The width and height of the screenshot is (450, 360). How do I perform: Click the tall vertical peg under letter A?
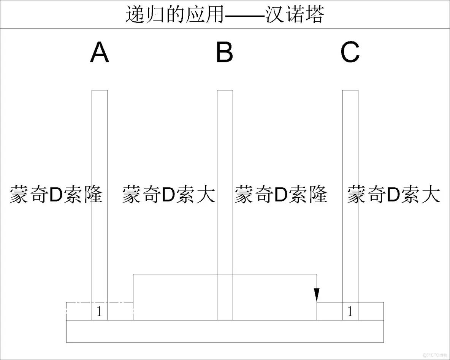tap(100, 152)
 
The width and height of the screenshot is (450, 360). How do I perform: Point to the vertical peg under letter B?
tap(225, 152)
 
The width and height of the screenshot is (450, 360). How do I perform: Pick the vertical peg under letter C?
tap(350, 152)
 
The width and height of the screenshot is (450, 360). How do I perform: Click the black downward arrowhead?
tap(317, 295)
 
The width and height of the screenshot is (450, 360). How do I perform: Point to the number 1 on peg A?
tap(100, 312)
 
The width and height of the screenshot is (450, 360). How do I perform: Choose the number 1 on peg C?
tap(350, 312)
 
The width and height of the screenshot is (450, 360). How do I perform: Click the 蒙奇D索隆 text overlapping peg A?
tap(56, 195)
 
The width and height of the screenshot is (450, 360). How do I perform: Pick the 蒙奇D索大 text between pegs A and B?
tap(169, 195)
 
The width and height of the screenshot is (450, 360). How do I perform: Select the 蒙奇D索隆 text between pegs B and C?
tap(281, 195)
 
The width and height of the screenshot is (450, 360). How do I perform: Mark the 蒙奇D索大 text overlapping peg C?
tap(394, 195)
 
